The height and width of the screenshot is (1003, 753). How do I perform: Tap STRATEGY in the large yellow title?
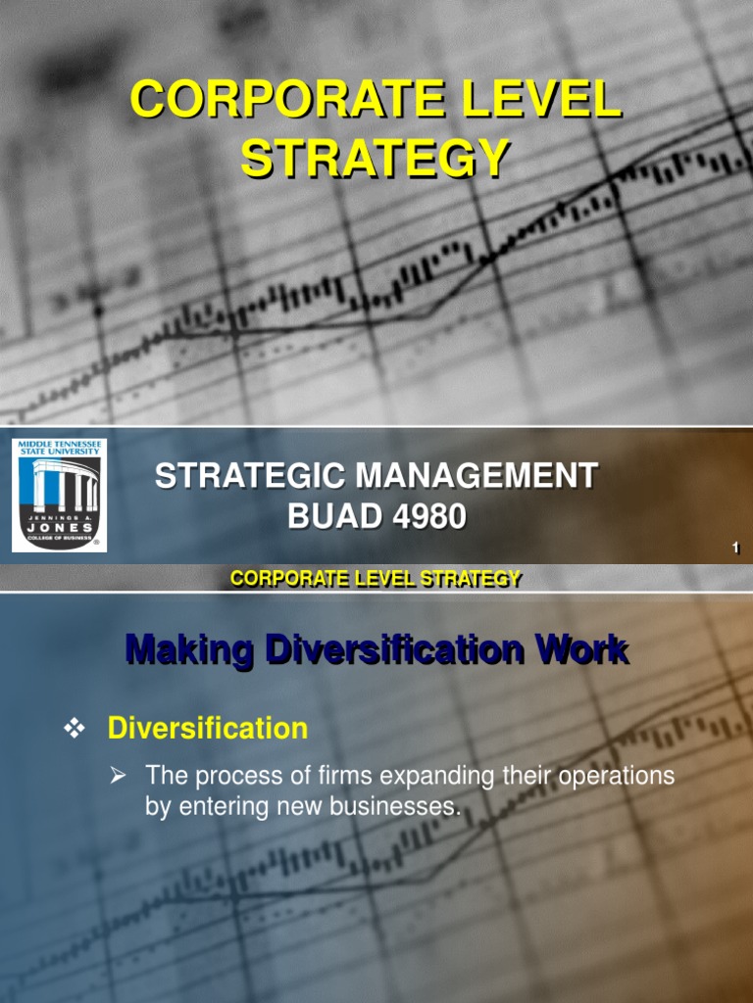click(376, 159)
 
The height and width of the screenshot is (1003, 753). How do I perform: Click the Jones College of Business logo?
click(60, 494)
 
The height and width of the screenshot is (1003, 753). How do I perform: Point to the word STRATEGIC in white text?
click(250, 477)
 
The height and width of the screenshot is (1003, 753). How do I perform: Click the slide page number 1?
click(734, 549)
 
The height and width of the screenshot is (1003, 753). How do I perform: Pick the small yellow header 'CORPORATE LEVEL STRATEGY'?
click(376, 579)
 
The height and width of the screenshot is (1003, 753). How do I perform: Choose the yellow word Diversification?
click(207, 729)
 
